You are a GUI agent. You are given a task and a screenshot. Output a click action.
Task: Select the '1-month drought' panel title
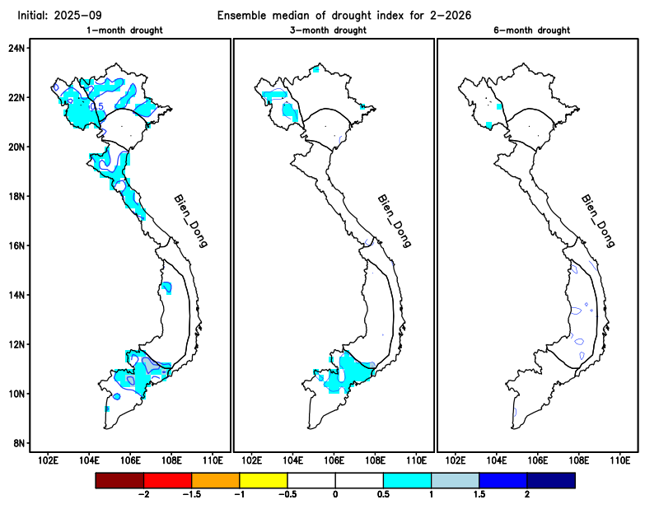[x=124, y=30]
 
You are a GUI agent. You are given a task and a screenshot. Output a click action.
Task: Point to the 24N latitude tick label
[x=16, y=48]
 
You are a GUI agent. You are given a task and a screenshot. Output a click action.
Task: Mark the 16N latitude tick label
[x=16, y=245]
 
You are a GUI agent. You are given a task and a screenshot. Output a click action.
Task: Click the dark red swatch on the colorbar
[x=119, y=479]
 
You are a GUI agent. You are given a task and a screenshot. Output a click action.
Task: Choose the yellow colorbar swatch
[x=263, y=479]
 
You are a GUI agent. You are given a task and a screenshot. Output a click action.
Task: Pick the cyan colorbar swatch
[x=407, y=479]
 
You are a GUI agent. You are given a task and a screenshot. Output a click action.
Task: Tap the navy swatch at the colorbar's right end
[x=550, y=479]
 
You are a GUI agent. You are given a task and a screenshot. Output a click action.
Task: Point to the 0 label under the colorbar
[x=335, y=495]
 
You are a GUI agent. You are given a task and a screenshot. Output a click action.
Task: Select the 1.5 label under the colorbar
[x=479, y=495]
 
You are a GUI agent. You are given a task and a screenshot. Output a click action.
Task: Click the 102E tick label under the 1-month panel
[x=49, y=460]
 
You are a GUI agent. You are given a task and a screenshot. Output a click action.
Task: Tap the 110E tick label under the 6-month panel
[x=619, y=460]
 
